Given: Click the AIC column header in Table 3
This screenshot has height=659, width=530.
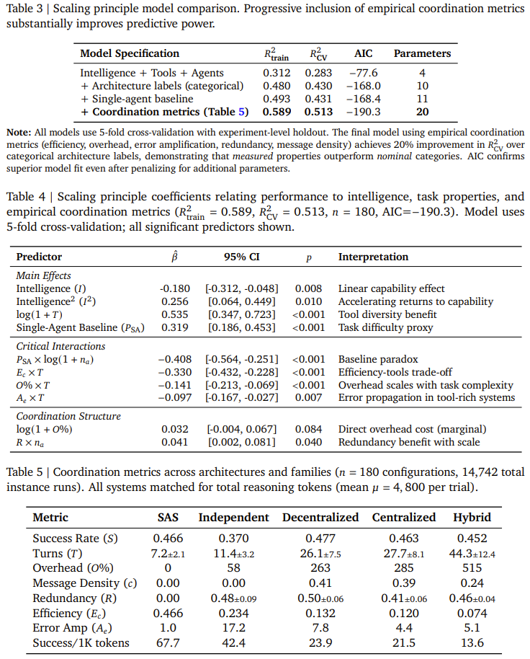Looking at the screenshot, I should click(x=364, y=53).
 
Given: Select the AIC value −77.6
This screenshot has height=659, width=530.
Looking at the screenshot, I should click(x=363, y=73).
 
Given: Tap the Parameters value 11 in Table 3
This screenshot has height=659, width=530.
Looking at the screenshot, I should click(x=422, y=99).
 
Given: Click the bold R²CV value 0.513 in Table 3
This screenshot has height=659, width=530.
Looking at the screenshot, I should click(x=318, y=112).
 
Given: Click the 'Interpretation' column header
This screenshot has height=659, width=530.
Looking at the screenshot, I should click(x=373, y=257).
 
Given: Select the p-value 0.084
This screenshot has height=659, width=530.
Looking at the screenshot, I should click(x=307, y=430).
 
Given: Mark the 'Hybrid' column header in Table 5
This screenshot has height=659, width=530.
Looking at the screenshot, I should click(x=472, y=517).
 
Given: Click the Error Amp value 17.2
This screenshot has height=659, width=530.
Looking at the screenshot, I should click(x=233, y=628).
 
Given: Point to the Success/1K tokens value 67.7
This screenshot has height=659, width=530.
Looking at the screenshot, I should click(x=168, y=643).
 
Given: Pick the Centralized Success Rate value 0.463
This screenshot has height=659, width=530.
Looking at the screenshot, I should click(x=403, y=539).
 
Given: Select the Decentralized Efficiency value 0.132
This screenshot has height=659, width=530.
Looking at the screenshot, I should click(x=320, y=614).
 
